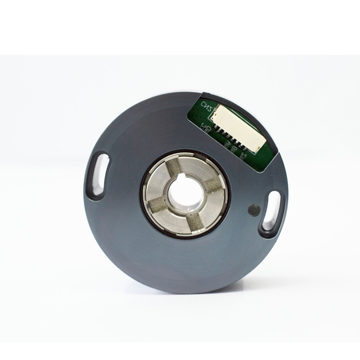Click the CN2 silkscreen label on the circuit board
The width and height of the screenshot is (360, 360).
point(208,107)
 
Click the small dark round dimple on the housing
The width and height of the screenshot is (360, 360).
point(254,209)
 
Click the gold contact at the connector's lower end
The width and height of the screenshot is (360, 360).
point(257,148)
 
